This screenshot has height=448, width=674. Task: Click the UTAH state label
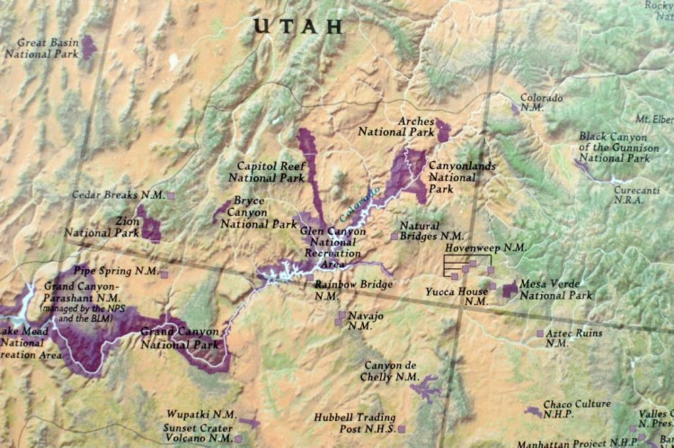tap(298, 26)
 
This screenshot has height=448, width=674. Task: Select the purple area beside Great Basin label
tap(88, 46)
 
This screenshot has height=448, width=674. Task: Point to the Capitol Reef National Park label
tap(270, 172)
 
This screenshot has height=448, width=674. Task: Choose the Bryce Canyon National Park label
tap(259, 212)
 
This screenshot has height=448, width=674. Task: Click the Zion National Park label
tap(102, 226)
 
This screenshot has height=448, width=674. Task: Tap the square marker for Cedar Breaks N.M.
tap(171, 195)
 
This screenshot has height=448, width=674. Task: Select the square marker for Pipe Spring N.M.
tap(164, 273)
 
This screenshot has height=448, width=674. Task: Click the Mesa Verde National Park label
tap(555, 289)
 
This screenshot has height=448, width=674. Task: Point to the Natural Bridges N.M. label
tap(420, 232)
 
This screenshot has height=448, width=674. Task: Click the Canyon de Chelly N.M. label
tap(391, 371)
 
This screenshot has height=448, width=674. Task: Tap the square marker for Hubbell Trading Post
tap(402, 429)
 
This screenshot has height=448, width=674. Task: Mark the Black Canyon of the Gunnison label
tap(613, 148)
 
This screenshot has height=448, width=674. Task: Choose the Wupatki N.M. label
tap(200, 415)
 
